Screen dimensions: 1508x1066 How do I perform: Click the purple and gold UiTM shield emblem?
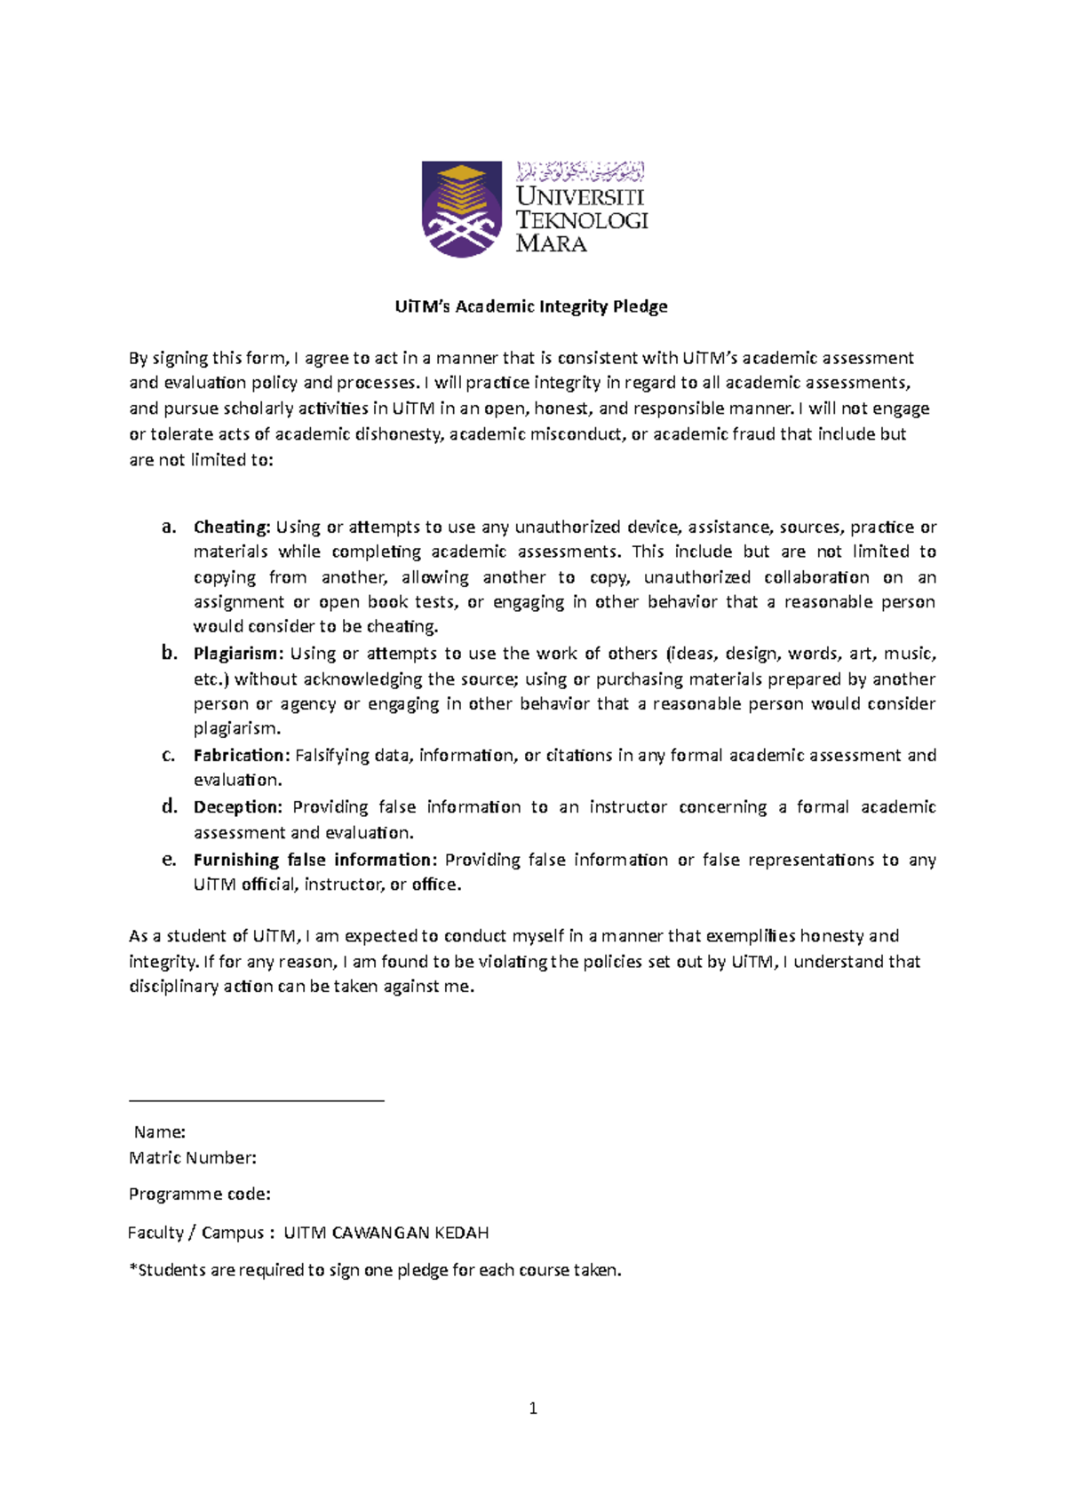[461, 210]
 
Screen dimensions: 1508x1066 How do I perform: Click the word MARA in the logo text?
[551, 243]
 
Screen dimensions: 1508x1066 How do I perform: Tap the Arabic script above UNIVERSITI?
[580, 171]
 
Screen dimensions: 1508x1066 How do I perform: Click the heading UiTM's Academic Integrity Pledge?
[531, 306]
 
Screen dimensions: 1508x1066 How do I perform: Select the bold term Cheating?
[231, 527]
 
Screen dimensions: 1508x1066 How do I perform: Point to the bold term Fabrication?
[242, 755]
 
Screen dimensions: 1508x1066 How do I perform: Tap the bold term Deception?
[237, 806]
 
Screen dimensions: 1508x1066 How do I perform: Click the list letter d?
[169, 806]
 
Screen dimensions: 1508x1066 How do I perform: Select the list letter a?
[168, 527]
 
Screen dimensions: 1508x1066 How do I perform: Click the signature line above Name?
[256, 1101]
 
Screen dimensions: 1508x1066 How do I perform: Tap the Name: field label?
[159, 1131]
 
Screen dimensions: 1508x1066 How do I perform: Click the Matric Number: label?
[193, 1157]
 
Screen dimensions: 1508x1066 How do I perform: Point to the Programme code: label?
[200, 1194]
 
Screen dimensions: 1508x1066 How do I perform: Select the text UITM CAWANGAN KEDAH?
[386, 1233]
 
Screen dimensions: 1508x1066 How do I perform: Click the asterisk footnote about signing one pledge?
[375, 1270]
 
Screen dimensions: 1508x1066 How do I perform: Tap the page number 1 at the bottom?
[533, 1408]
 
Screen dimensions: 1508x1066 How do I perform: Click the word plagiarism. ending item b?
[237, 728]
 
